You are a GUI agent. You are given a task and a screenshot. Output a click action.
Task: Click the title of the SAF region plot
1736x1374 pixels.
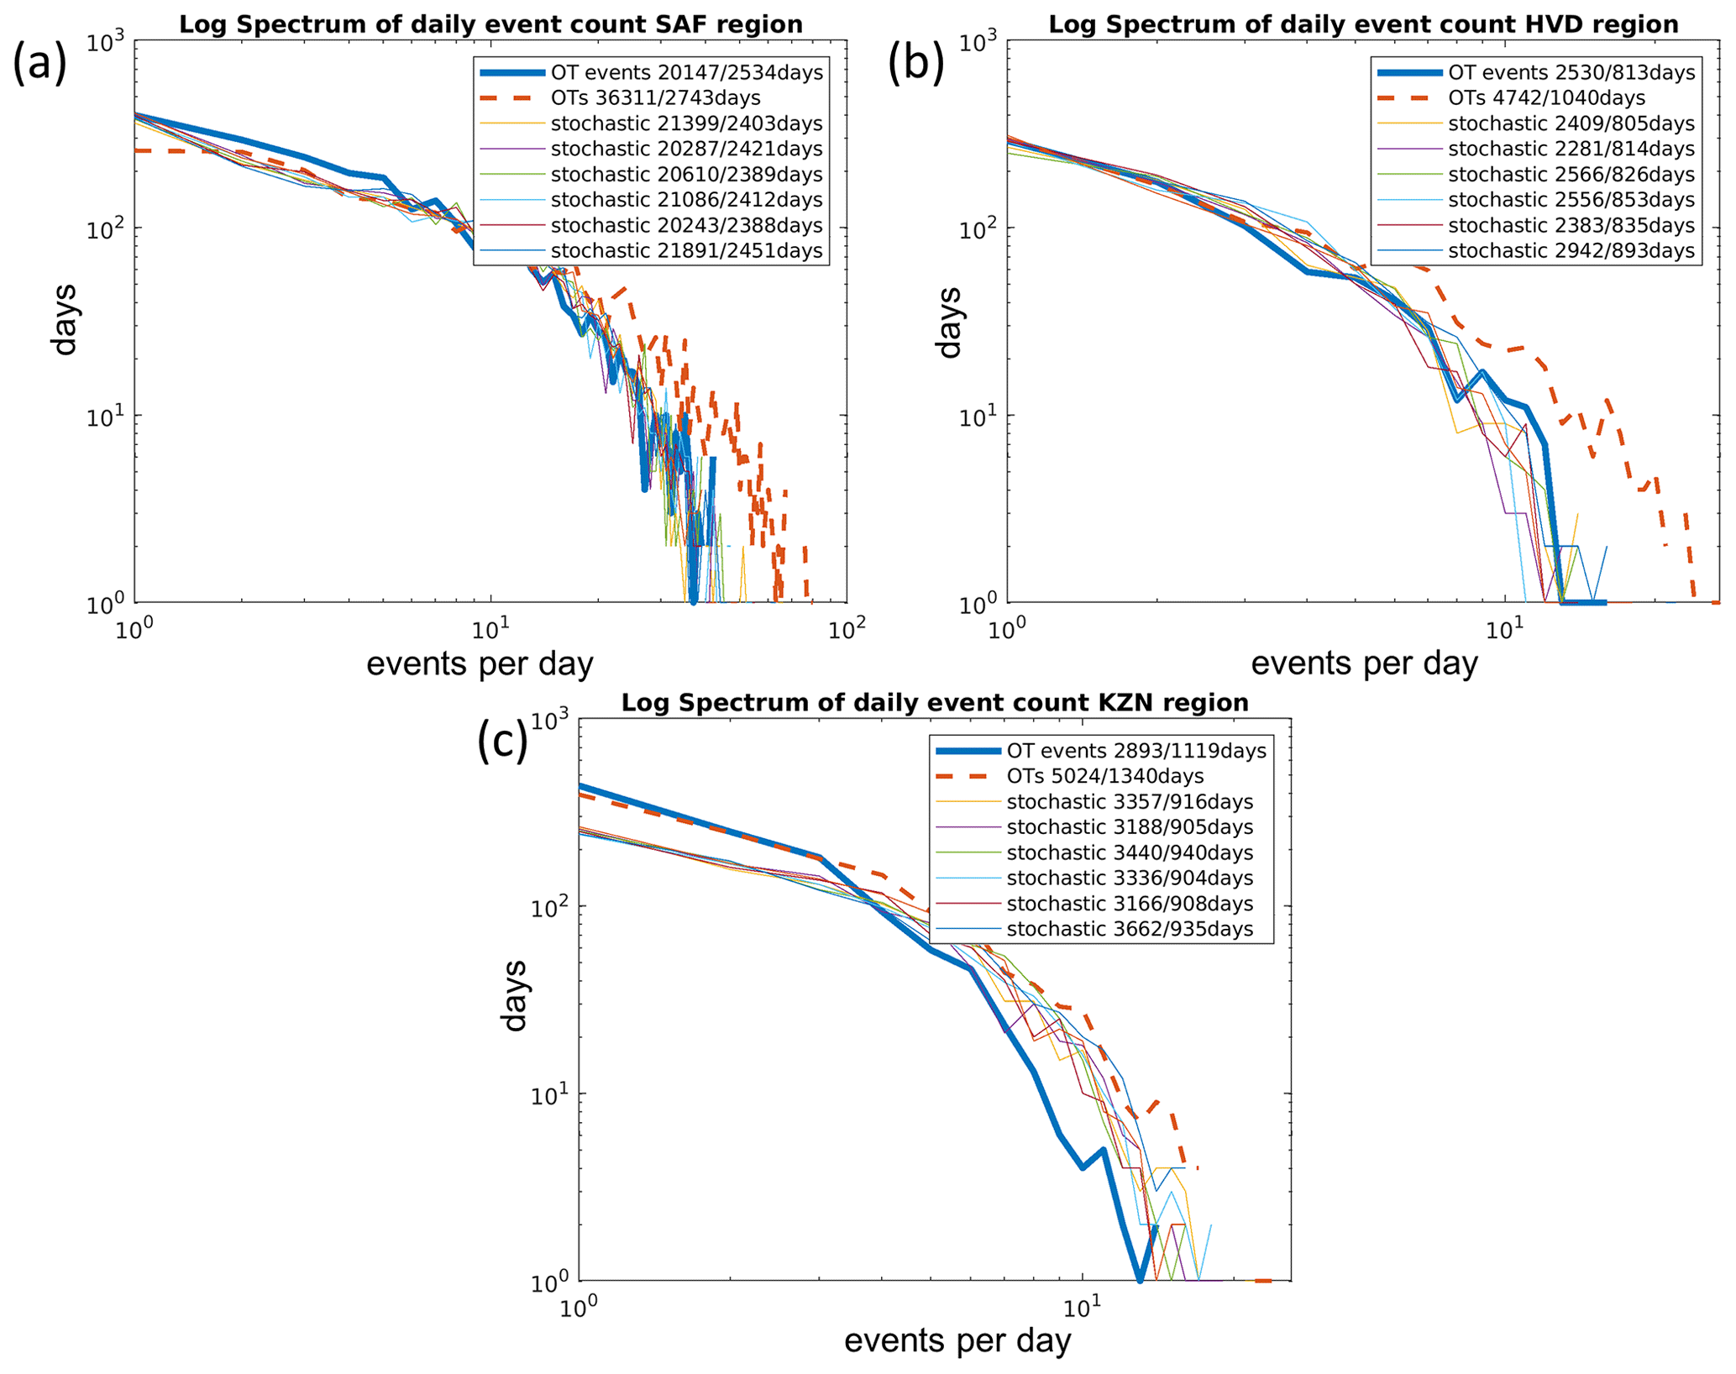tap(490, 24)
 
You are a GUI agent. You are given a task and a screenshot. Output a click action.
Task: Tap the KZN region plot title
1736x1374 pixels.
tap(934, 702)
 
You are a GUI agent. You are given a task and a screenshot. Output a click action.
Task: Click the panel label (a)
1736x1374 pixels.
tap(39, 65)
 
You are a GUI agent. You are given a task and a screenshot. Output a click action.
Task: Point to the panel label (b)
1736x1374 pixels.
tap(915, 65)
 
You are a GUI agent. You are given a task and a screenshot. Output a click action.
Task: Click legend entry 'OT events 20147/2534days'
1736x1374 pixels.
tap(686, 73)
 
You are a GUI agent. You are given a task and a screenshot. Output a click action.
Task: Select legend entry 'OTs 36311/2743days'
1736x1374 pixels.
tap(655, 98)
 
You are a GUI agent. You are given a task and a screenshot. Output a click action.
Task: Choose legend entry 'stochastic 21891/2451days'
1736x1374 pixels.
tap(686, 251)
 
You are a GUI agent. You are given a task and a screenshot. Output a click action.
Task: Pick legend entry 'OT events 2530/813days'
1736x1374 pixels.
tap(1571, 73)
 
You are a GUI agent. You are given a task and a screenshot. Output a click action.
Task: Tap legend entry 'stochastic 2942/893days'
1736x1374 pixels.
tap(1571, 251)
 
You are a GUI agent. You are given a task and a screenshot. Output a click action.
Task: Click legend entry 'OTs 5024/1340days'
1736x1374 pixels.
tap(1104, 776)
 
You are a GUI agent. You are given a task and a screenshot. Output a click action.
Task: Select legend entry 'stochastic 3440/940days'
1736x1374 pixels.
tap(1130, 852)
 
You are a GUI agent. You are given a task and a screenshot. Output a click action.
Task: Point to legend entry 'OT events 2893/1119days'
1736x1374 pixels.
tap(1136, 751)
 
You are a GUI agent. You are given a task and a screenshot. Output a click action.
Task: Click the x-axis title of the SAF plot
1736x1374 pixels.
tap(480, 664)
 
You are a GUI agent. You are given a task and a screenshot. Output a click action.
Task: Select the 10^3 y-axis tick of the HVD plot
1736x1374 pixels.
tap(977, 42)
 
